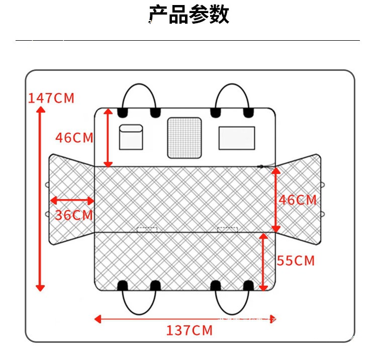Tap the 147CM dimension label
(x=51, y=98)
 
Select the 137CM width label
(x=190, y=330)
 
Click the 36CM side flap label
(x=74, y=215)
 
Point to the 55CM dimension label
(x=296, y=261)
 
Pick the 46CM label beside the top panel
(x=74, y=138)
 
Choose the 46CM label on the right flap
(x=298, y=200)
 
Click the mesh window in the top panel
(x=184, y=136)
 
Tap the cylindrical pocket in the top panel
(x=131, y=137)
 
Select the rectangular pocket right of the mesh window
(x=236, y=138)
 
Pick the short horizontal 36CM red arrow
(x=72, y=201)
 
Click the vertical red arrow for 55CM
(x=263, y=261)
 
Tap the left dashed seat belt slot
(x=147, y=230)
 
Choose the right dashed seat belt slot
(x=227, y=230)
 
